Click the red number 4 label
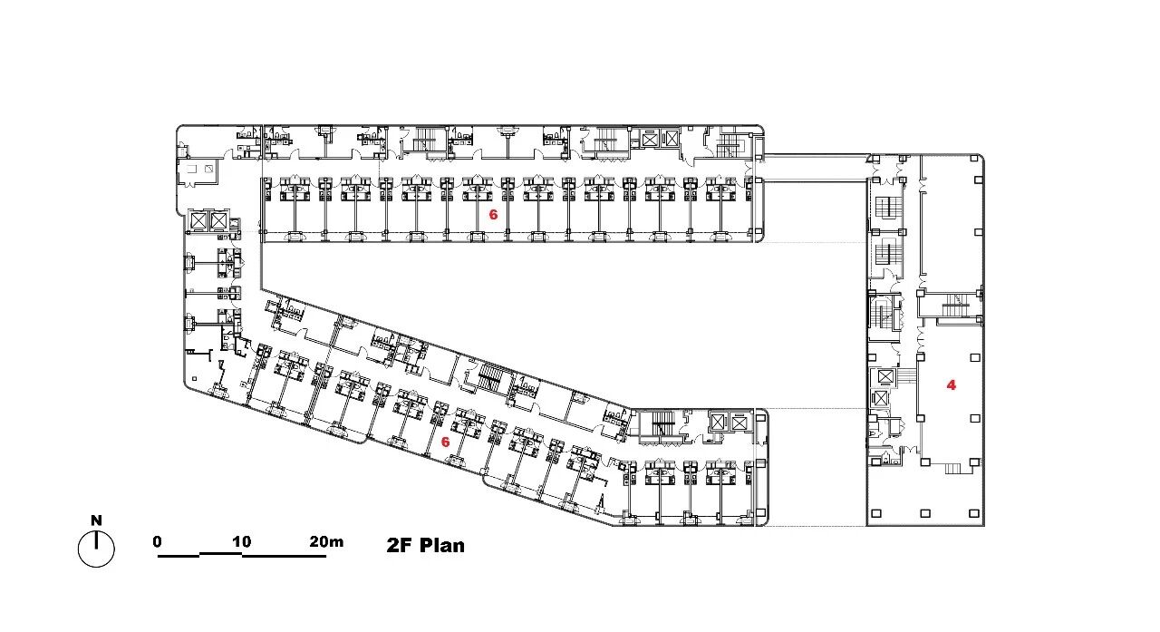pyautogui.click(x=952, y=384)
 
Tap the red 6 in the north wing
pyautogui.click(x=493, y=215)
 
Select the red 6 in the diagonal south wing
pyautogui.click(x=445, y=442)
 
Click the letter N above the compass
pyautogui.click(x=96, y=520)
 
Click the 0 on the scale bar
pyautogui.click(x=158, y=541)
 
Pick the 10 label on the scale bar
pyautogui.click(x=241, y=541)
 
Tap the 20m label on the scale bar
pyautogui.click(x=326, y=541)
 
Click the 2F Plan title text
pyautogui.click(x=426, y=546)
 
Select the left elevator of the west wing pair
pyautogui.click(x=198, y=220)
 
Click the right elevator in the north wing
pyautogui.click(x=672, y=139)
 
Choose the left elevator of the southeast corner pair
pyautogui.click(x=717, y=423)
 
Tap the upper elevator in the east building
pyautogui.click(x=885, y=376)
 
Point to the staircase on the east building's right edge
pyautogui.click(x=956, y=306)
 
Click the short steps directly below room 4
pyautogui.click(x=952, y=468)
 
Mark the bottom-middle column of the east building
pyautogui.click(x=925, y=513)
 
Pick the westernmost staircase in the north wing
pyautogui.click(x=425, y=139)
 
